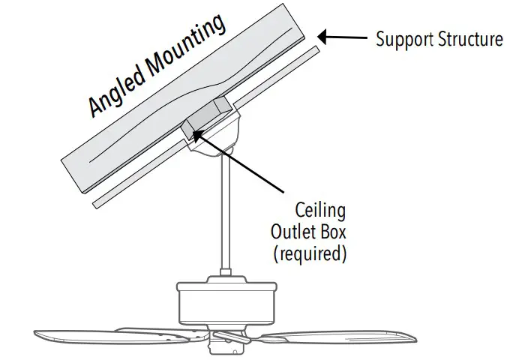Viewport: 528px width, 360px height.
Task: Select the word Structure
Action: coord(471,38)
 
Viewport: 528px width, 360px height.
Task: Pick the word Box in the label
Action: coord(332,230)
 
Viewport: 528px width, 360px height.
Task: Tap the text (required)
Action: coord(310,253)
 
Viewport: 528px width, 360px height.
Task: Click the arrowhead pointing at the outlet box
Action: coord(196,133)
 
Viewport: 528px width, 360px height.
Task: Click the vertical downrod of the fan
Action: coord(224,217)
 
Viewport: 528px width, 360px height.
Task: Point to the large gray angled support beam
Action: coord(150,112)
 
